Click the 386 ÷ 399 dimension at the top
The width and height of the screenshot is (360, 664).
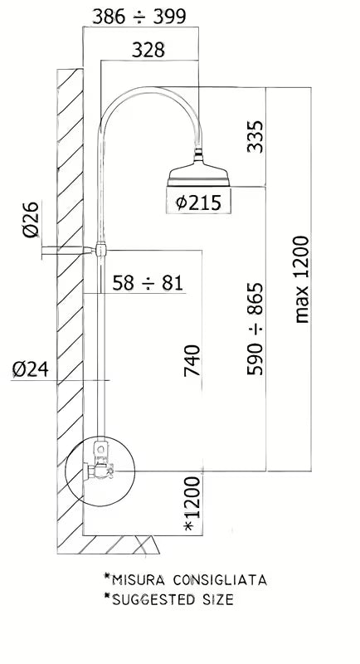pyautogui.click(x=139, y=17)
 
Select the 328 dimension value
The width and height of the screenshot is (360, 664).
pyautogui.click(x=148, y=50)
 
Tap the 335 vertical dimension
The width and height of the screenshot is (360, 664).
pyautogui.click(x=255, y=137)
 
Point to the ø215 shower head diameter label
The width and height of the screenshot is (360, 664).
pyautogui.click(x=198, y=203)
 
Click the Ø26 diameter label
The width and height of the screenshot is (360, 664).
pyautogui.click(x=31, y=219)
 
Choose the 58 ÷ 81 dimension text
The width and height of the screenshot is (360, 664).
pyautogui.click(x=148, y=283)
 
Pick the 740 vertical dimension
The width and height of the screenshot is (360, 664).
pyautogui.click(x=192, y=360)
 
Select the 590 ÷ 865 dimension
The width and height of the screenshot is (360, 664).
pyautogui.click(x=255, y=329)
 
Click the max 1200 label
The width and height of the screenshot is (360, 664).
pyautogui.click(x=302, y=280)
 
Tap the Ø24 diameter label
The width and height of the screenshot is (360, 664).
pyautogui.click(x=31, y=369)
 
